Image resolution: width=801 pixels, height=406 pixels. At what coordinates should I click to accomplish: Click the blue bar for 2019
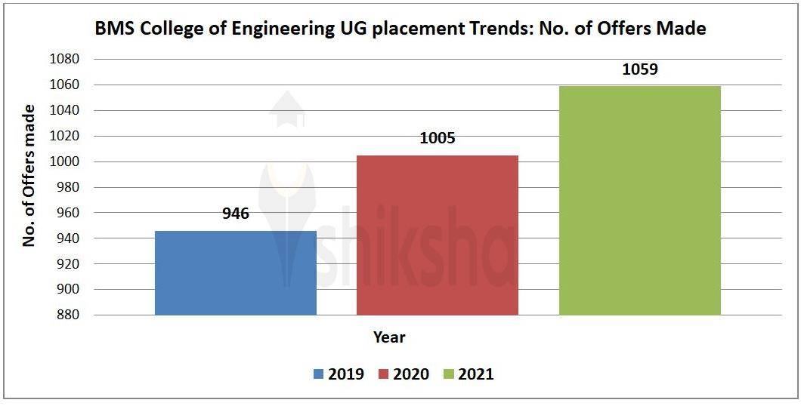point(235,272)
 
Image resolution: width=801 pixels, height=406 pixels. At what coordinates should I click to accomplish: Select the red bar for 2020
point(437,235)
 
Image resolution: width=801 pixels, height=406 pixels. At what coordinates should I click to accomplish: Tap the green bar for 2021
point(639,200)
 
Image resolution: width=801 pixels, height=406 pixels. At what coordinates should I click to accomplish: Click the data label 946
point(235,214)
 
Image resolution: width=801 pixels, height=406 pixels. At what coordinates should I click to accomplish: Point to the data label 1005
point(437,139)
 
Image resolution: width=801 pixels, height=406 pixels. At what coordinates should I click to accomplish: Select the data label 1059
point(639,69)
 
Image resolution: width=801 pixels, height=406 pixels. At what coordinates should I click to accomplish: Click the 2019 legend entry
point(337,374)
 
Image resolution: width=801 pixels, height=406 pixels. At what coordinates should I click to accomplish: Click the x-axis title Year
point(389,337)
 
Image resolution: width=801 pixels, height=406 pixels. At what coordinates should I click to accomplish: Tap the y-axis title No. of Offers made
point(29,177)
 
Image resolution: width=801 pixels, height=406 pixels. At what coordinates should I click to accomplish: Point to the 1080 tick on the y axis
point(63,60)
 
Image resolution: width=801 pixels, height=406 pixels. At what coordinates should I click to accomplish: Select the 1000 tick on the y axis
point(63,162)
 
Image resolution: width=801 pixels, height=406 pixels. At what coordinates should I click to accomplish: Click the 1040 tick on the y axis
point(63,111)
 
